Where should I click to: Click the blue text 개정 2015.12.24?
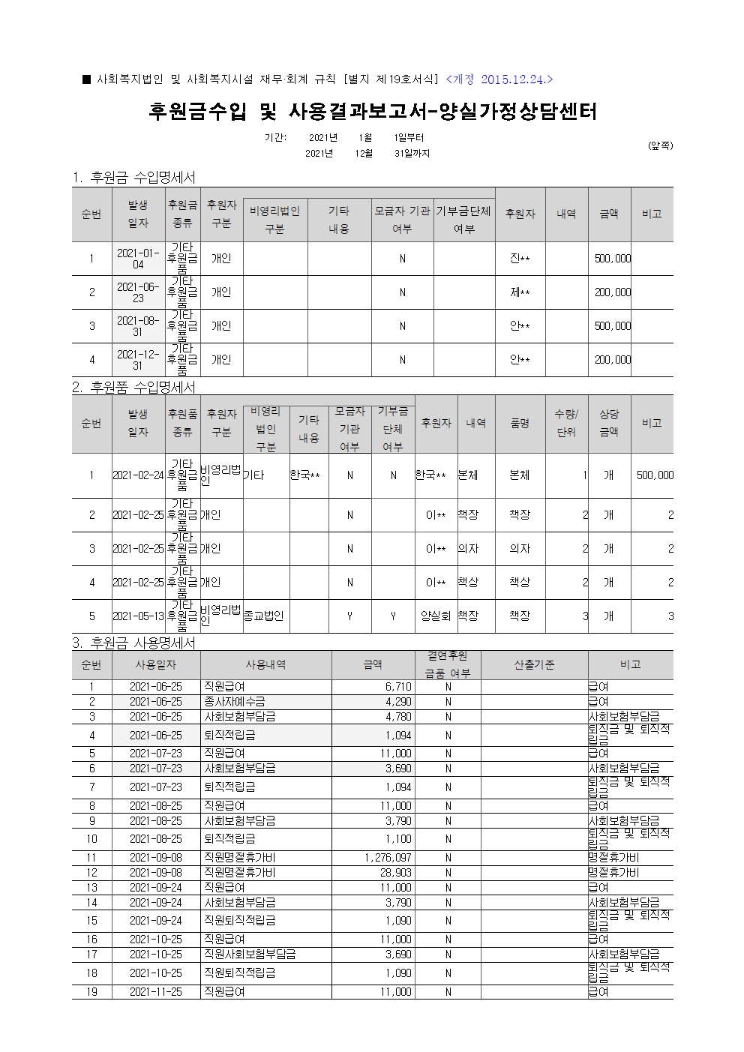pos(499,79)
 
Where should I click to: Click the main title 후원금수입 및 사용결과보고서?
pos(371,112)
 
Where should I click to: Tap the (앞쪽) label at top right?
pos(660,145)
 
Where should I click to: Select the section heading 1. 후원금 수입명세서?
pos(133,178)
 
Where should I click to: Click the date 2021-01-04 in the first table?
pos(138,259)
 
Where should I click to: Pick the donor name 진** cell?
pos(520,259)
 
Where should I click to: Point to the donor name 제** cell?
pos(520,292)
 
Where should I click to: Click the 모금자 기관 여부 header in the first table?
pos(402,220)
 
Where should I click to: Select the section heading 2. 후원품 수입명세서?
pos(133,387)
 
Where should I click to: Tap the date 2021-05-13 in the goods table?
pos(138,616)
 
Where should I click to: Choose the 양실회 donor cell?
pos(435,616)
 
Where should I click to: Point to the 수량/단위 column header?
pos(565,424)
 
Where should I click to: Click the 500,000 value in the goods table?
pos(654,475)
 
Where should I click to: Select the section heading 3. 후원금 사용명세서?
pos(133,643)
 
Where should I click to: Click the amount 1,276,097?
pos(387,857)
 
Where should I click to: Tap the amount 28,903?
pos(395,873)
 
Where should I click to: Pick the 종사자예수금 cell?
pos(234,702)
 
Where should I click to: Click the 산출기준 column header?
pos(534,665)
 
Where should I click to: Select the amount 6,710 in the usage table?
pos(397,687)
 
